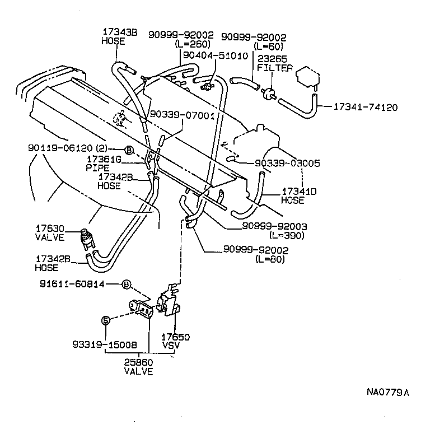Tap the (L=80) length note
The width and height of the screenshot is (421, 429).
point(272,260)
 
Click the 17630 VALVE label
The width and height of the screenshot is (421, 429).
point(50,233)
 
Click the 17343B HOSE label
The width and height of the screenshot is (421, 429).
point(119,36)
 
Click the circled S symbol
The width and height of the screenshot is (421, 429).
point(104,320)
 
